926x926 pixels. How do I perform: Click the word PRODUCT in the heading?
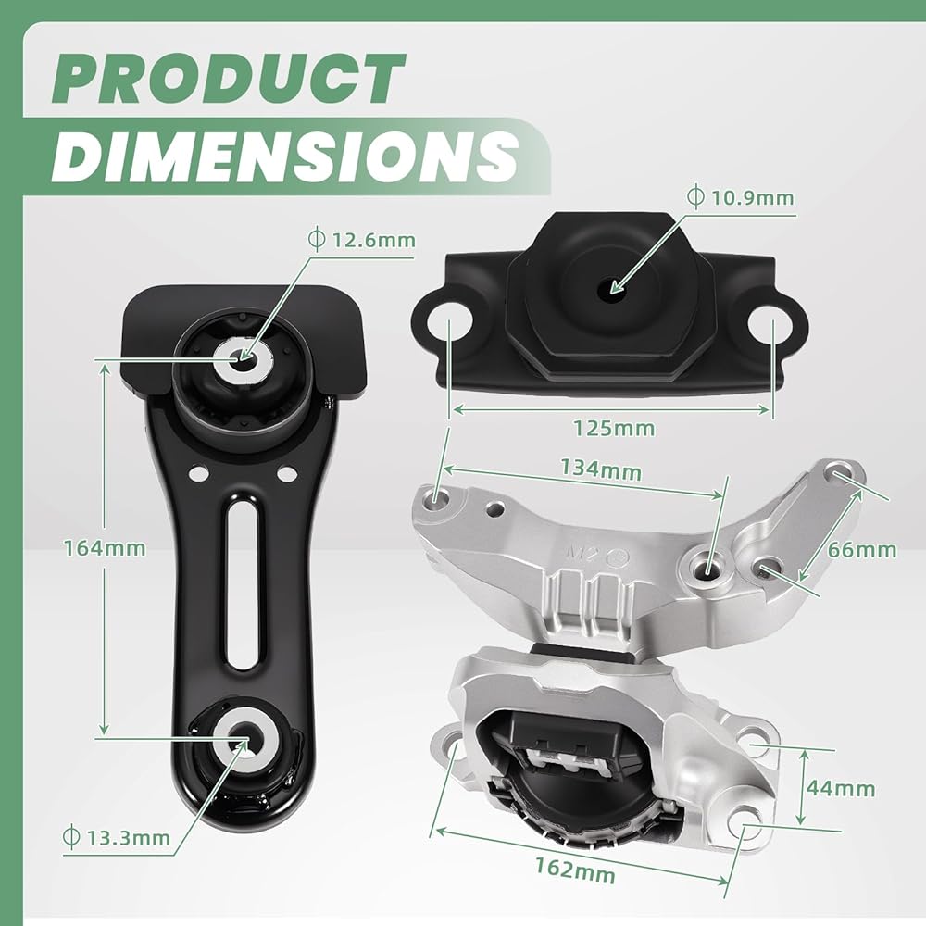click(x=228, y=79)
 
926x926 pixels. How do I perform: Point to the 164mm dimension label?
click(x=105, y=548)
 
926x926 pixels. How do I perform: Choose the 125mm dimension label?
click(x=614, y=428)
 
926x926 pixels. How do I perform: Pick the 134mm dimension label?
click(x=601, y=469)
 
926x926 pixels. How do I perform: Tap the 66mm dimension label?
click(x=861, y=550)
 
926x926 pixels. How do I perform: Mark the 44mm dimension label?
click(x=841, y=788)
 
